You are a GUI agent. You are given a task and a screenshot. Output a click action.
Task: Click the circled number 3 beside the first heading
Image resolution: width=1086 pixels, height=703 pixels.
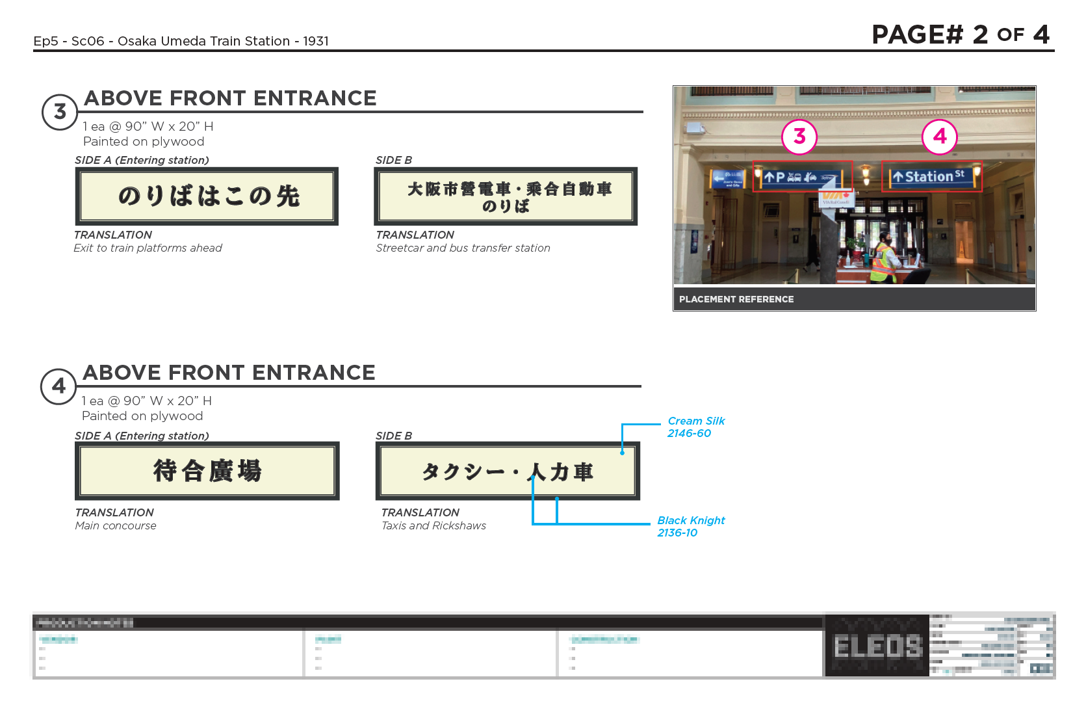(60, 112)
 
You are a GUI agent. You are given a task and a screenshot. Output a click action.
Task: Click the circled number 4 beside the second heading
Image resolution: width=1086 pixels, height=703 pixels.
(58, 386)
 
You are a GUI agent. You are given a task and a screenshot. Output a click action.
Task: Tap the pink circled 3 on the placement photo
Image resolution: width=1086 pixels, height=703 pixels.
(799, 137)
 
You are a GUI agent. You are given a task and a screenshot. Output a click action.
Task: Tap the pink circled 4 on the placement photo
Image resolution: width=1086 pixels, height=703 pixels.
(940, 137)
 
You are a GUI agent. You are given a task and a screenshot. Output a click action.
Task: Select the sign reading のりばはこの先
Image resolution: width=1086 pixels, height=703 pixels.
(207, 196)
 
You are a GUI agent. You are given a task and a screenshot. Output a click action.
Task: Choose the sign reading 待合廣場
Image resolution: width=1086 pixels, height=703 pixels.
(207, 471)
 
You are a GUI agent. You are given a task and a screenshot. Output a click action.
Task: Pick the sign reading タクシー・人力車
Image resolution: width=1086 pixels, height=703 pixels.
(508, 471)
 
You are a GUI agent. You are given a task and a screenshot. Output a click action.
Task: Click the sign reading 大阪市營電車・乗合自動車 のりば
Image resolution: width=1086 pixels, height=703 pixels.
(506, 196)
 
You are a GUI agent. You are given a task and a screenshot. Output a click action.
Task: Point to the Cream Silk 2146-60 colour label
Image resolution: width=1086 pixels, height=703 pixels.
(695, 427)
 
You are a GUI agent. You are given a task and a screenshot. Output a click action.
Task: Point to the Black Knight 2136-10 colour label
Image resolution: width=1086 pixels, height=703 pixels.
(690, 527)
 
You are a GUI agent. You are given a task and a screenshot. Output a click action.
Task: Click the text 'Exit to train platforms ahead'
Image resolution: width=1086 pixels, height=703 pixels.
(148, 248)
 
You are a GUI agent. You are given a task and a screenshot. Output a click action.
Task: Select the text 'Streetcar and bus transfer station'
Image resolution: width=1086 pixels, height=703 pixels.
(463, 248)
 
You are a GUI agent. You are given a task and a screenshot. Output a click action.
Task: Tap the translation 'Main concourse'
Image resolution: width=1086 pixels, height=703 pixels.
(116, 525)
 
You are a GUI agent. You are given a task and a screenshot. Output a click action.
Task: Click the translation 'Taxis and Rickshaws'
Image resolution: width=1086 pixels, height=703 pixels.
(433, 525)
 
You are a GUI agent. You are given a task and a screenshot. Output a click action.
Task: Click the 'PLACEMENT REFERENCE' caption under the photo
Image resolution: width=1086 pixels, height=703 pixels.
(736, 299)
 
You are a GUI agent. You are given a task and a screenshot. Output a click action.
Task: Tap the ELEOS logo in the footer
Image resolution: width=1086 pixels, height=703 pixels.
(877, 646)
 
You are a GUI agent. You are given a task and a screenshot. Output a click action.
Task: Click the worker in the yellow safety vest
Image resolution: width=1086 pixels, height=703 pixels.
(884, 260)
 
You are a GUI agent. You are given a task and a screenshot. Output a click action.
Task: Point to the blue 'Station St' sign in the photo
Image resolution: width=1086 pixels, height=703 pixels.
(931, 176)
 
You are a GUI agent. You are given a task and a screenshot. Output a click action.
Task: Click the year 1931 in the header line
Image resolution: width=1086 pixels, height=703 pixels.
(316, 41)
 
